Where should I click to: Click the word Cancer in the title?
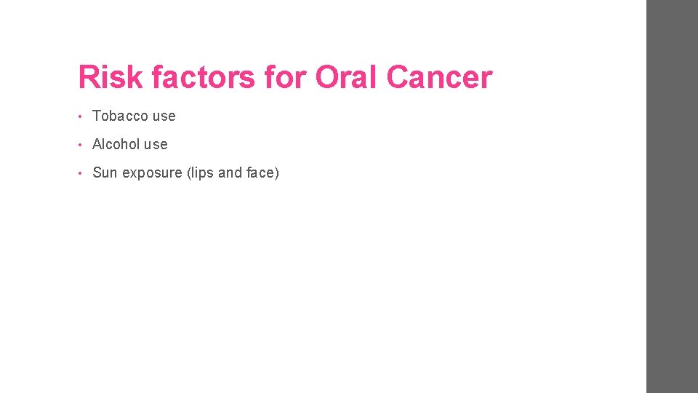point(439,77)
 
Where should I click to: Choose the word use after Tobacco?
point(164,116)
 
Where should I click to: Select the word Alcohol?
point(116,144)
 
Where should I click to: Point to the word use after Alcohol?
point(156,145)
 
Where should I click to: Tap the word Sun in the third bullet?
point(105,172)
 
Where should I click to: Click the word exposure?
point(151,173)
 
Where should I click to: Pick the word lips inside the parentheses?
point(201,172)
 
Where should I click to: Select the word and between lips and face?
point(230,172)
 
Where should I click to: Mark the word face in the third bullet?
point(260,172)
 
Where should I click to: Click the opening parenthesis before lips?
point(188,172)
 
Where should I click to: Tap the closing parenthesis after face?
point(276,172)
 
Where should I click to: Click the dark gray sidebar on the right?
point(672,196)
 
